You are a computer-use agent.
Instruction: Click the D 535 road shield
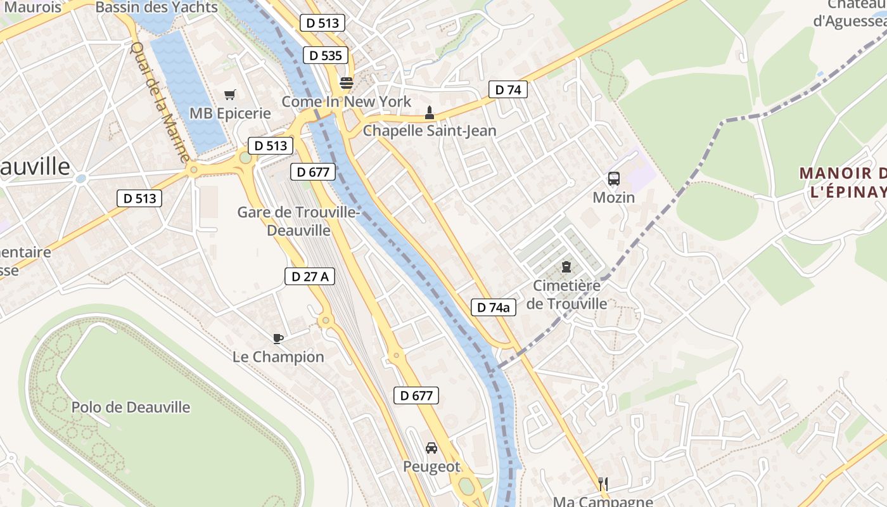tap(326, 56)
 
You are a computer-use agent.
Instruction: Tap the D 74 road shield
tap(508, 90)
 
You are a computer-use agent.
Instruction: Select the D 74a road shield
tap(494, 308)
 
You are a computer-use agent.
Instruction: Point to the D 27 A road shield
tap(309, 276)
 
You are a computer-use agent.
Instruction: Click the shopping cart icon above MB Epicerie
tap(230, 95)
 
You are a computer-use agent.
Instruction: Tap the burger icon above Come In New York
tap(346, 82)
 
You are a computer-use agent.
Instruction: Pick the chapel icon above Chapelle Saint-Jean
tap(430, 113)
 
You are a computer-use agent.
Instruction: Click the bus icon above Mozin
tap(613, 179)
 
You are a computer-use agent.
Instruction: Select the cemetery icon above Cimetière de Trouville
tap(566, 267)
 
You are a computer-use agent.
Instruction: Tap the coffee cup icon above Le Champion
tap(278, 338)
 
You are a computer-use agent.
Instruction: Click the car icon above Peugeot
tap(431, 448)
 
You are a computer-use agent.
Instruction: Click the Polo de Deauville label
tap(131, 407)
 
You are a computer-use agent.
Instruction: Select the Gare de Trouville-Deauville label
tap(298, 221)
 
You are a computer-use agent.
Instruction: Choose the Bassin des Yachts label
tap(156, 8)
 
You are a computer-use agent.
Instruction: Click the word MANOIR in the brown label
tap(836, 173)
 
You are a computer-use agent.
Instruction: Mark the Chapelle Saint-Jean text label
tap(430, 131)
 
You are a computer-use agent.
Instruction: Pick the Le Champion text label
tap(278, 357)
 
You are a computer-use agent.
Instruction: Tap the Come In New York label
tap(346, 101)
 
